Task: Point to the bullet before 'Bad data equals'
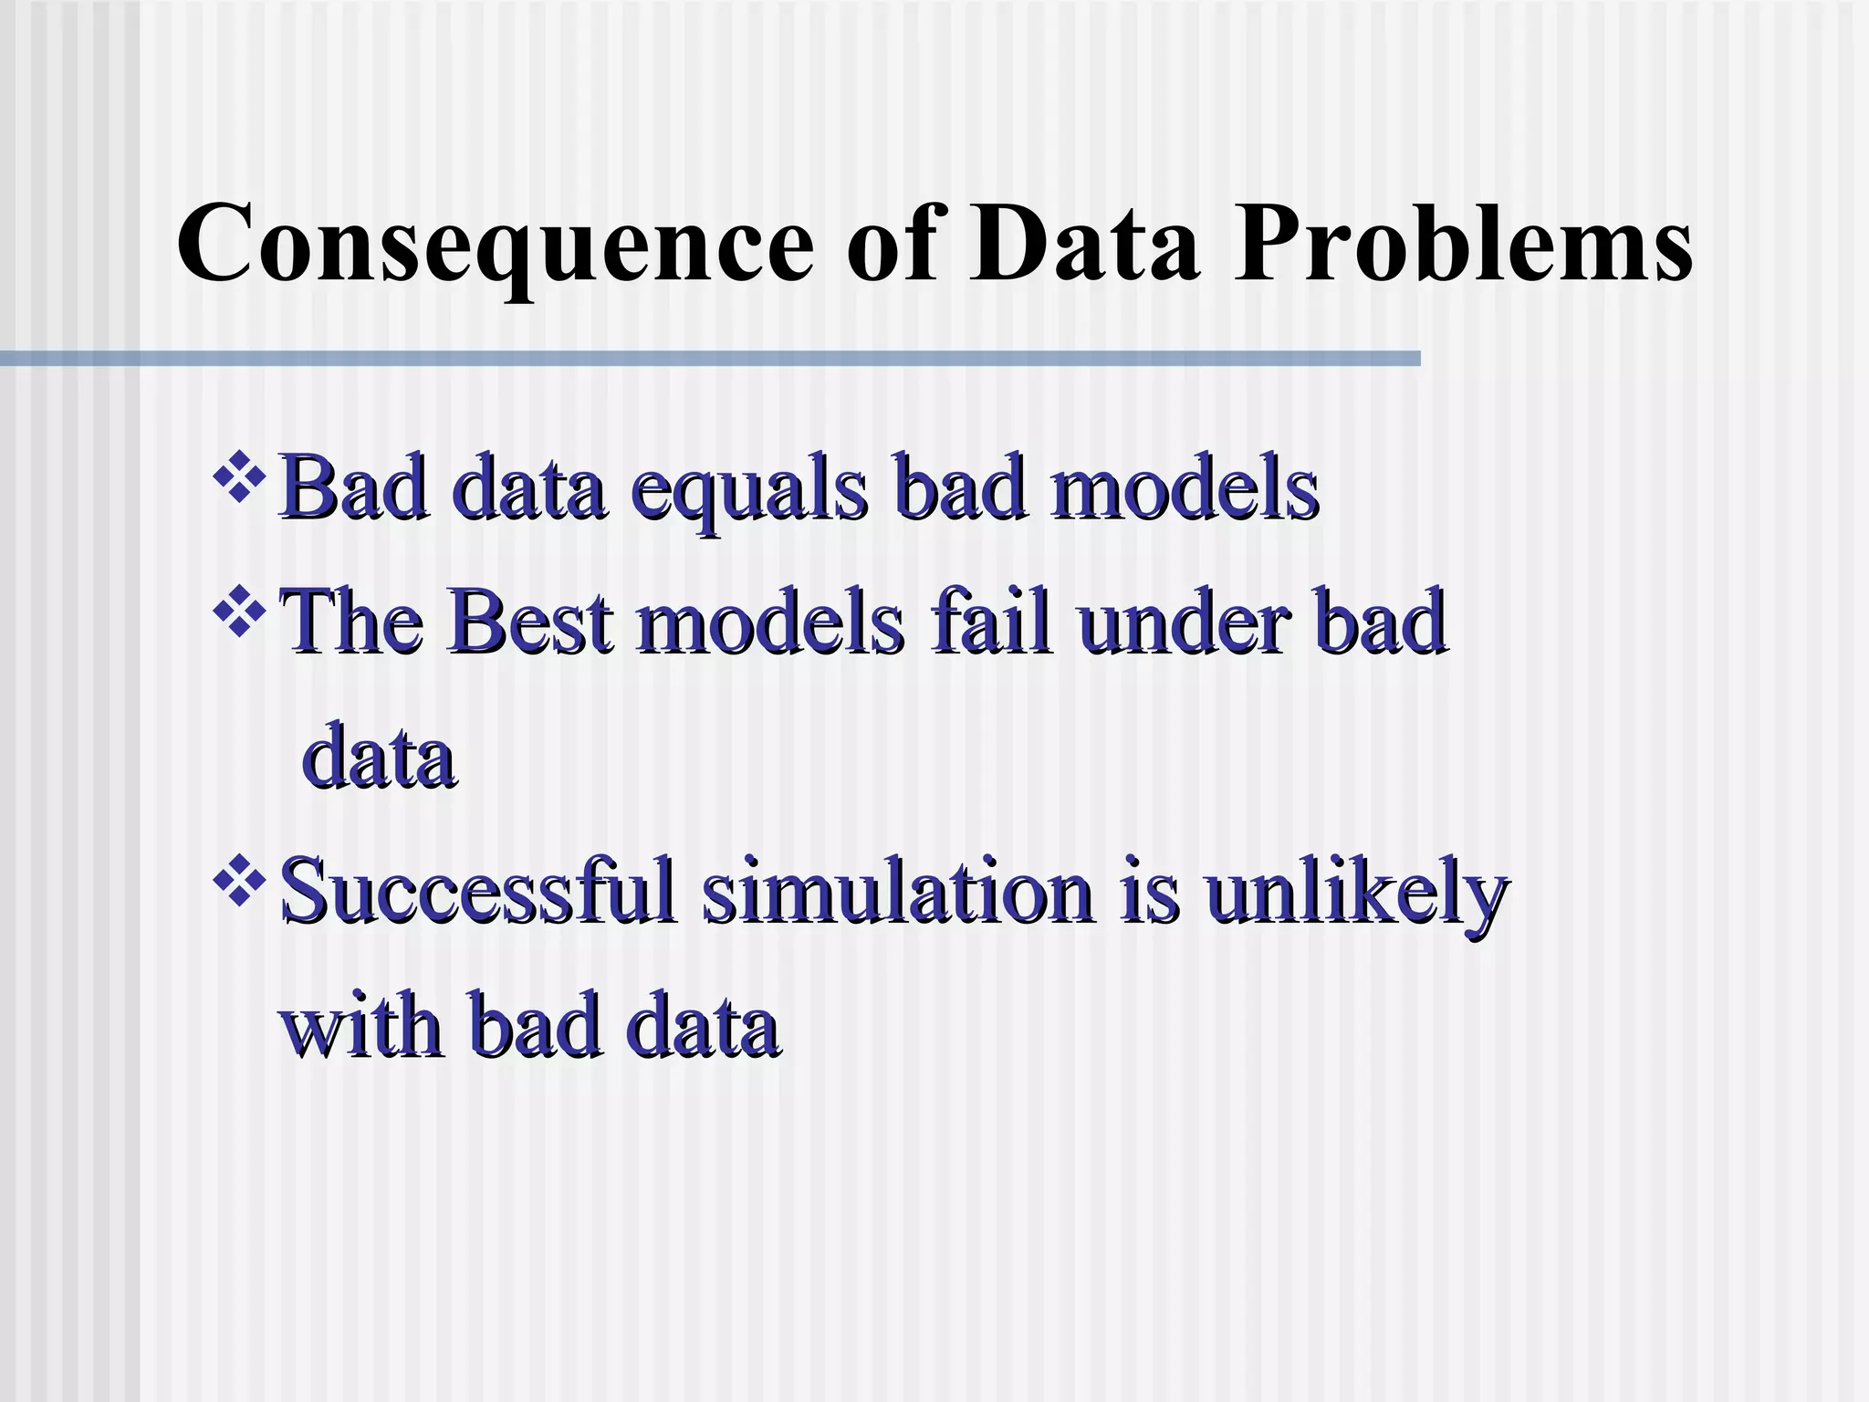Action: (x=238, y=476)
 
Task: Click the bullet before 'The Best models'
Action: (x=238, y=610)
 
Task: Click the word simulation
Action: (x=898, y=890)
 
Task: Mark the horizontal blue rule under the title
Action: (x=710, y=358)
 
